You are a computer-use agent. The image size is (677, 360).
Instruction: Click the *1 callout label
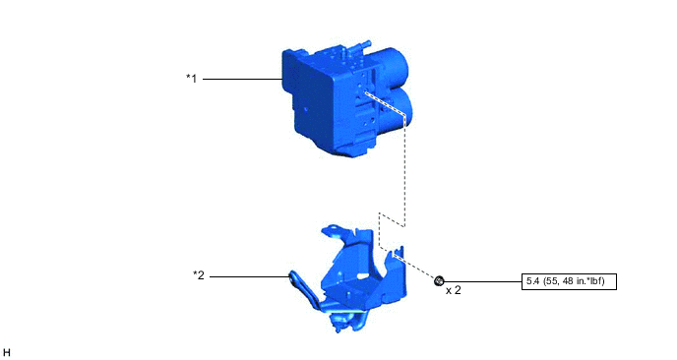pyautogui.click(x=192, y=79)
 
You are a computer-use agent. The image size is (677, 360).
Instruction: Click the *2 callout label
pyautogui.click(x=198, y=275)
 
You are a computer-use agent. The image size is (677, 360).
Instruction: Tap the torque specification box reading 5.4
pyautogui.click(x=570, y=281)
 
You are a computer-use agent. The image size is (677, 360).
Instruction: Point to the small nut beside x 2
pyautogui.click(x=439, y=281)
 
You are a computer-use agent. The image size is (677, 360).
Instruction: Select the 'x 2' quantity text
pyautogui.click(x=454, y=291)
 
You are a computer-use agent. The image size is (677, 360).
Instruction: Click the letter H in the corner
pyautogui.click(x=7, y=351)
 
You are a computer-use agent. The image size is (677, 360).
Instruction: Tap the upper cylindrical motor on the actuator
pyautogui.click(x=399, y=71)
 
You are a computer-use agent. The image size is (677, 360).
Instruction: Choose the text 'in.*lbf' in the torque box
pyautogui.click(x=592, y=281)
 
